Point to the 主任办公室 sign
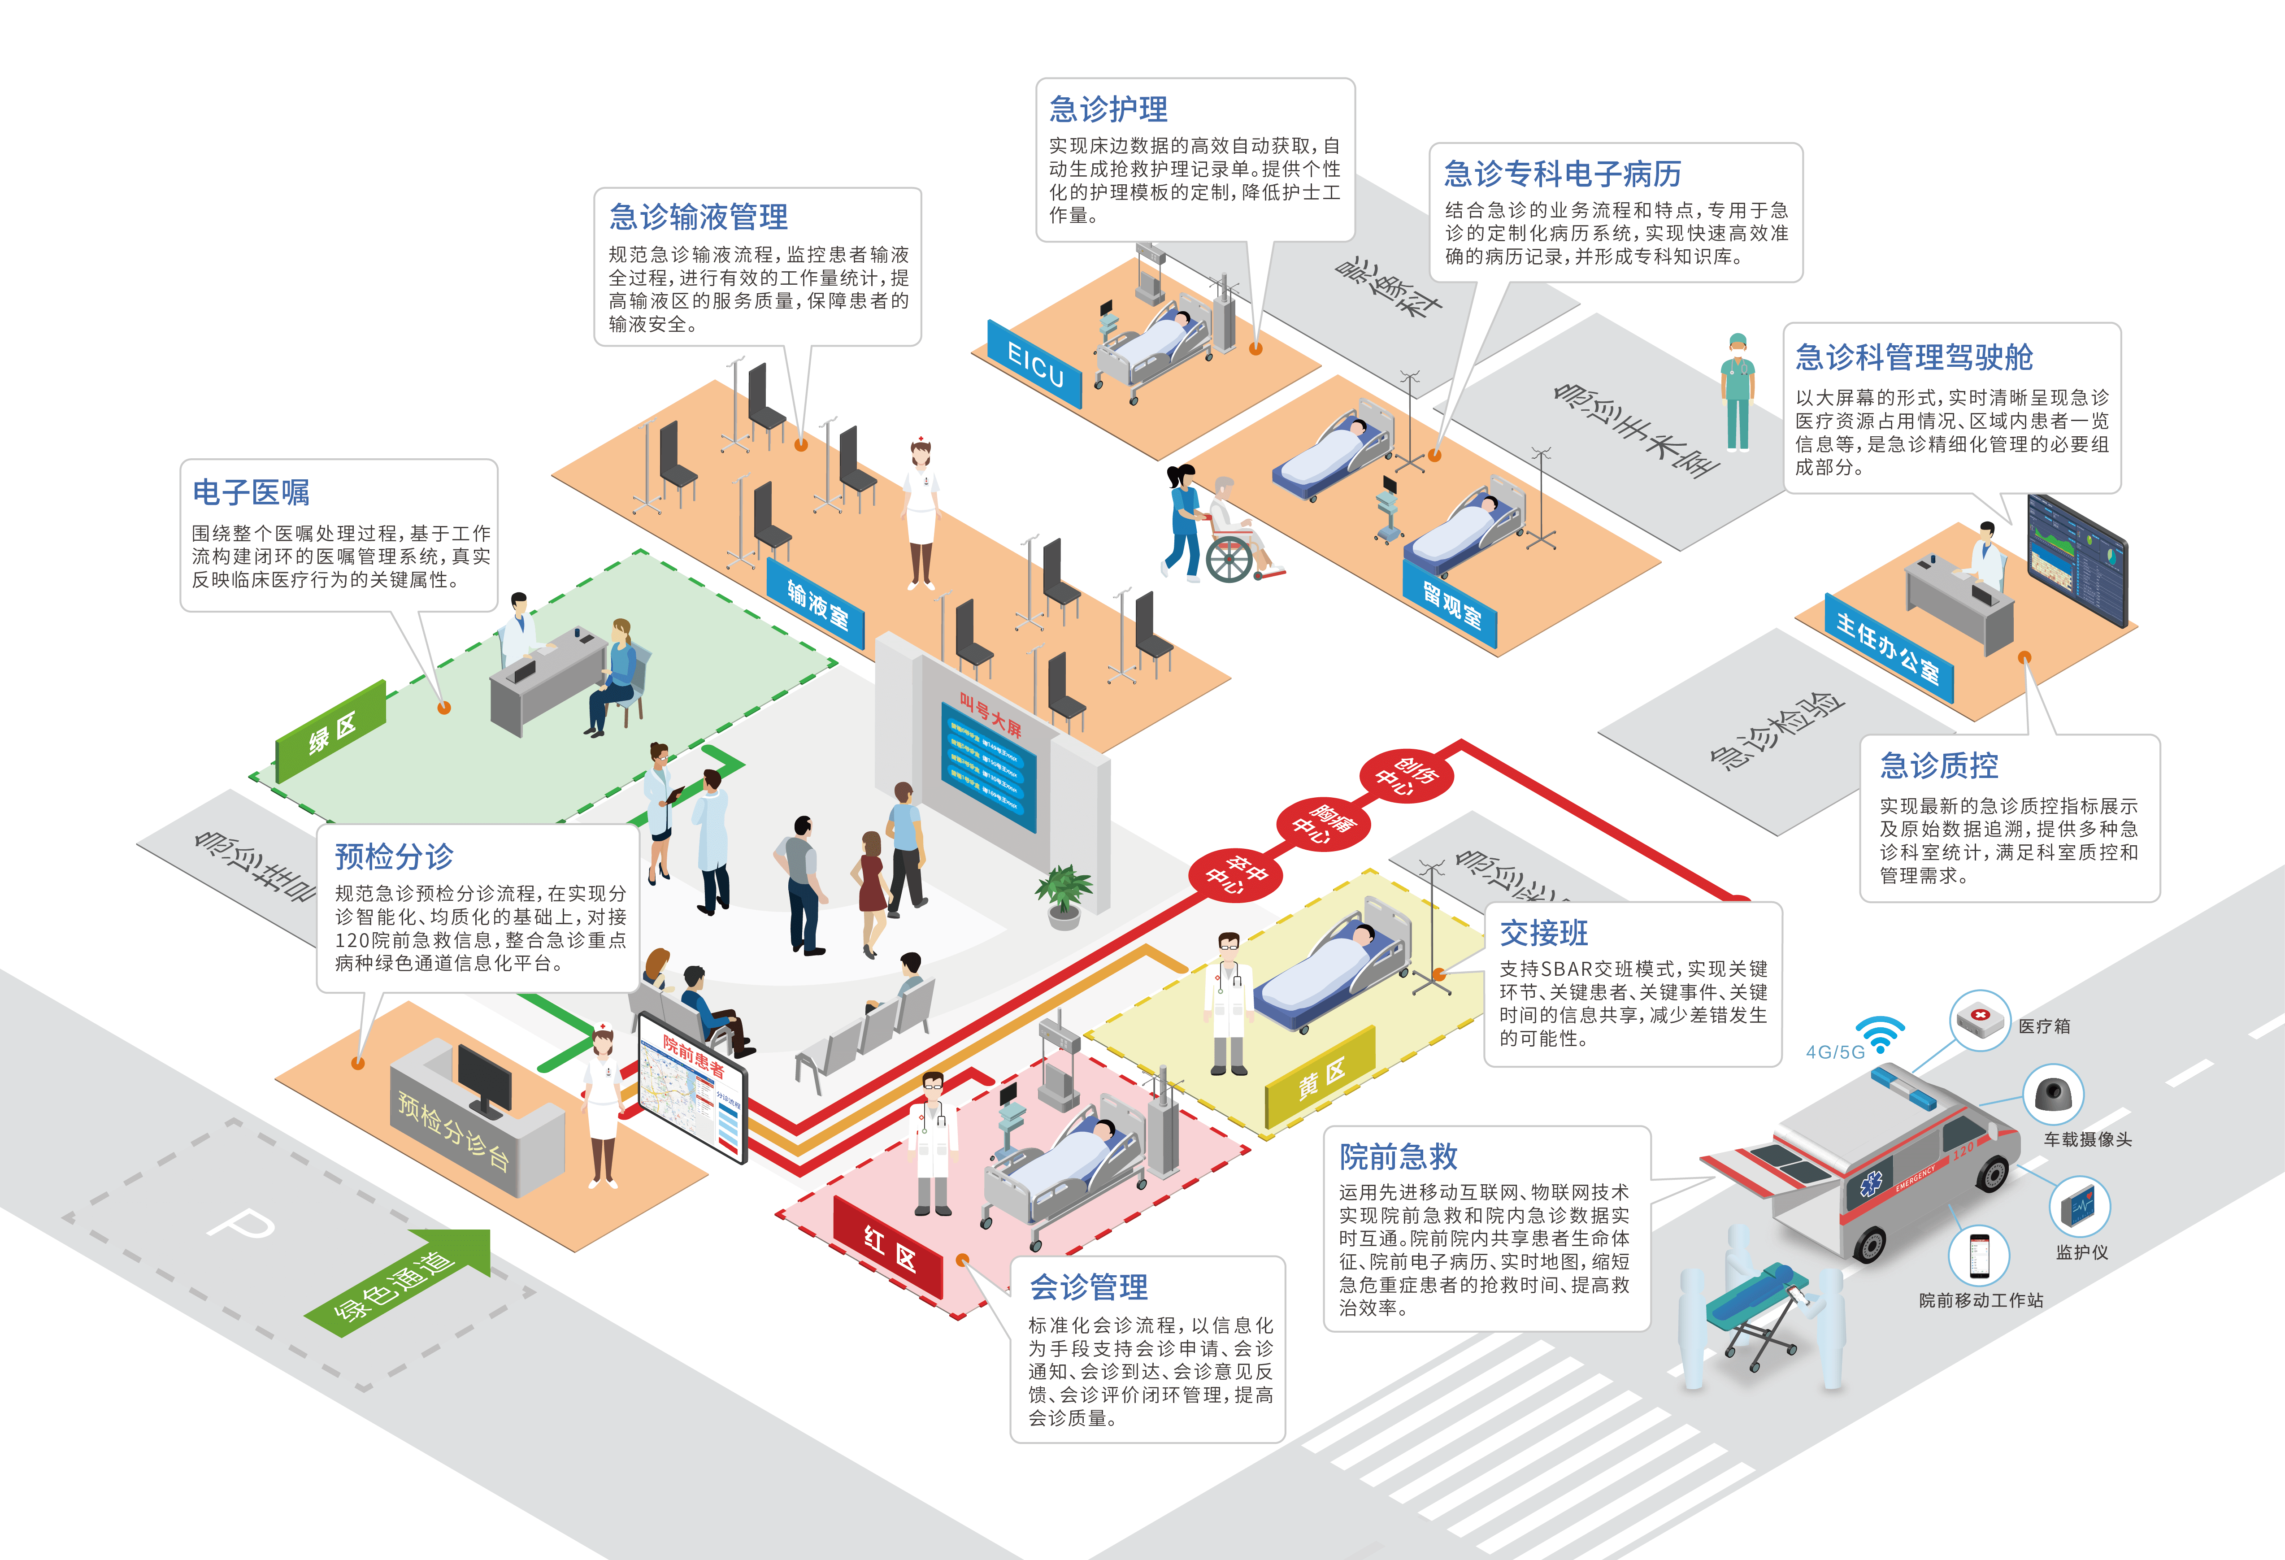(1888, 647)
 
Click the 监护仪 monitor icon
(2079, 1206)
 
